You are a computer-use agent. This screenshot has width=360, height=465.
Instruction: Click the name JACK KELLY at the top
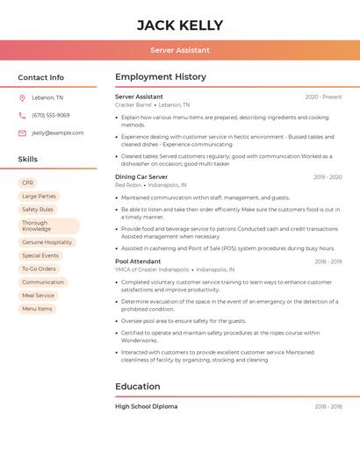click(180, 25)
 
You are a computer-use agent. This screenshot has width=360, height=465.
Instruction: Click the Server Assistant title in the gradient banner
click(180, 50)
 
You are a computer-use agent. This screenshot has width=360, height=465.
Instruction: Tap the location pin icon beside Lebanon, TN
click(22, 98)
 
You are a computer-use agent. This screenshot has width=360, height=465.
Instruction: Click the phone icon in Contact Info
click(22, 116)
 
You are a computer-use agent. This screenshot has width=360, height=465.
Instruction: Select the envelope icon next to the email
click(22, 133)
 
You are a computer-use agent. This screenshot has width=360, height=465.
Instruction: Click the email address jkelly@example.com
click(58, 133)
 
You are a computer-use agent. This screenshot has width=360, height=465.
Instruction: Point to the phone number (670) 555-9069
click(51, 116)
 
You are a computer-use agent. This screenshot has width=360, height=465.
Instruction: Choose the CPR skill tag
click(28, 182)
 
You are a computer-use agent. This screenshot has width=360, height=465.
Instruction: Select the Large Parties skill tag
click(39, 197)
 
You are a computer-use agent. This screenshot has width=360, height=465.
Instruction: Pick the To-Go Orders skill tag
click(39, 268)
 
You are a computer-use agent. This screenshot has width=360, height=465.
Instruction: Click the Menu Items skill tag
click(37, 309)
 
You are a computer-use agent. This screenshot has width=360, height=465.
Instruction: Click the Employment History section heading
click(161, 77)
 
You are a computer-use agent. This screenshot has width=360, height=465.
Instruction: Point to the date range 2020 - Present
click(323, 97)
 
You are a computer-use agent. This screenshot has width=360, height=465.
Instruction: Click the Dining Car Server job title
click(141, 177)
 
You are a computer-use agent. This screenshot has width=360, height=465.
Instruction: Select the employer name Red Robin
click(128, 185)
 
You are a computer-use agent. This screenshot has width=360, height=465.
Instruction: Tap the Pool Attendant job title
click(138, 261)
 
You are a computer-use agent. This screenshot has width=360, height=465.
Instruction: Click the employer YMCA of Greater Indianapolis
click(152, 270)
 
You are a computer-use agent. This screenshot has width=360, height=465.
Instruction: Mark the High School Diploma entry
click(146, 406)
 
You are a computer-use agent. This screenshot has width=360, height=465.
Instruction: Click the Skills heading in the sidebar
click(28, 159)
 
